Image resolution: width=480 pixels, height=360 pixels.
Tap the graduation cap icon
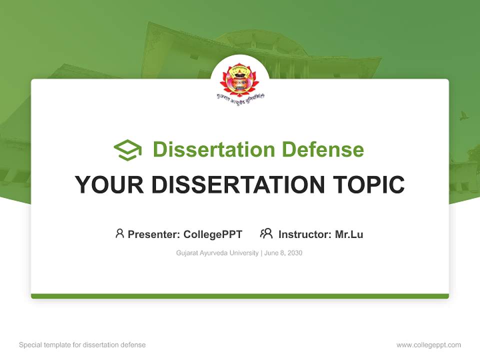[127, 150]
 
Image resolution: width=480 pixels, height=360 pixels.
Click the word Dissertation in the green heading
[214, 149]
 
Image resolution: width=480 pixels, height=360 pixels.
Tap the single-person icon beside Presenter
[119, 233]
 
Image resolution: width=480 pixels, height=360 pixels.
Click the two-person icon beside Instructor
[266, 233]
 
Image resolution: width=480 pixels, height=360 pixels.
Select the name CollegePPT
[213, 234]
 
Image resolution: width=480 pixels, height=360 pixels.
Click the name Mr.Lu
[349, 234]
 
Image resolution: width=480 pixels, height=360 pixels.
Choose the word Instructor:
[305, 234]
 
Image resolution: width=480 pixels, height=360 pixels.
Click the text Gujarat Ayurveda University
[217, 253]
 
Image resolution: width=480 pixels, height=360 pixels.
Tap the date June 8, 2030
[283, 253]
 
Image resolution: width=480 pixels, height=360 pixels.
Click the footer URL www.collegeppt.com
[428, 345]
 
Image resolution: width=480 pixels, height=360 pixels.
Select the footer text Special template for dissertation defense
[82, 345]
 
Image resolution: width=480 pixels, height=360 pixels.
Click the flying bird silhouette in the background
[464, 115]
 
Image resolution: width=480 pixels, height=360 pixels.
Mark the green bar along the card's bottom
[240, 296]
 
